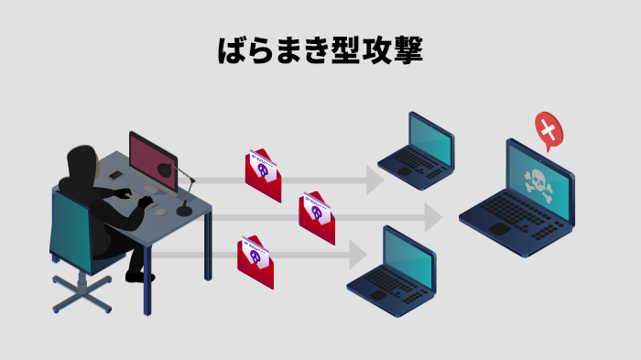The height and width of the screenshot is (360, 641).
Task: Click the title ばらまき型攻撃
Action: [x=320, y=51]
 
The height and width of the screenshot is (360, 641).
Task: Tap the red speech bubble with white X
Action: [x=548, y=130]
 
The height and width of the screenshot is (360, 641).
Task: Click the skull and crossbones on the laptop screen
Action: [x=538, y=182]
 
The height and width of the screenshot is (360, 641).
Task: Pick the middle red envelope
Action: [x=317, y=218]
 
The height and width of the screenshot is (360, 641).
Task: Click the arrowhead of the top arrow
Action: [x=375, y=180]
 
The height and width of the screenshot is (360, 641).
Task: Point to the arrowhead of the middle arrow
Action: [x=432, y=218]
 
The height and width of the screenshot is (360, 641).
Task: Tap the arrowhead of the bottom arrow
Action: [x=359, y=255]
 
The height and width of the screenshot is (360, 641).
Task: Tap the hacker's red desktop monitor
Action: [x=151, y=160]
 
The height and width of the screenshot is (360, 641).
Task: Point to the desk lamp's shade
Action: [x=165, y=170]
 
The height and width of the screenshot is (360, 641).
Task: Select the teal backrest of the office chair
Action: [x=70, y=230]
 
